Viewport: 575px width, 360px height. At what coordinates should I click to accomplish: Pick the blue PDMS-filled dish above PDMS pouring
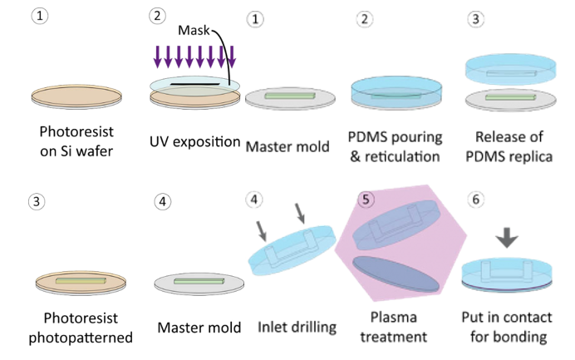click(x=396, y=91)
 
